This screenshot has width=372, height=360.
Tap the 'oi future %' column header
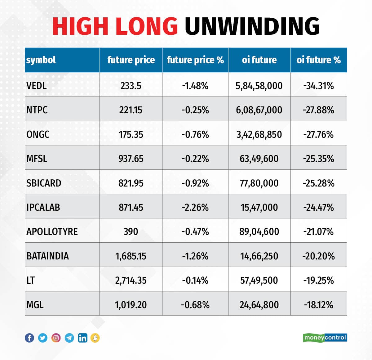click(318, 60)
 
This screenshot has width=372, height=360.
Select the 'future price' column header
click(131, 60)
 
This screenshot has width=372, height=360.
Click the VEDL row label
click(37, 86)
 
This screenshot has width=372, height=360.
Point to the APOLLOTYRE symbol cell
click(52, 232)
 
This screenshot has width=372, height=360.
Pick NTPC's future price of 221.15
click(131, 110)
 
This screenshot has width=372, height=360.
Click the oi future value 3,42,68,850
click(259, 134)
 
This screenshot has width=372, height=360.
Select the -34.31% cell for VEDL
click(318, 86)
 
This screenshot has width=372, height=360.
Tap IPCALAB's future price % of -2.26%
click(195, 207)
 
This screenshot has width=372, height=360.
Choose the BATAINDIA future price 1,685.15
click(131, 256)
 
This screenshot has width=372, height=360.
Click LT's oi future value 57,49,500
click(259, 280)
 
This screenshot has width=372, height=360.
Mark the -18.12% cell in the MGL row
click(318, 305)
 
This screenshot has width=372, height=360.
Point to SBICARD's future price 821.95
click(131, 183)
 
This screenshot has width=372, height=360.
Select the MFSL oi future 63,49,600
click(259, 159)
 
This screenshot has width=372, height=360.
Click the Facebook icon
click(29, 338)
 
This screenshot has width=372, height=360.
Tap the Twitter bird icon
click(43, 338)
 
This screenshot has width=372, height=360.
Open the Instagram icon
click(56, 338)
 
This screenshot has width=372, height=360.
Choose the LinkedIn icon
click(82, 338)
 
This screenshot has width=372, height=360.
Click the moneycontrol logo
click(325, 337)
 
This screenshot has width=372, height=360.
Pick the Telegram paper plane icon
click(69, 338)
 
